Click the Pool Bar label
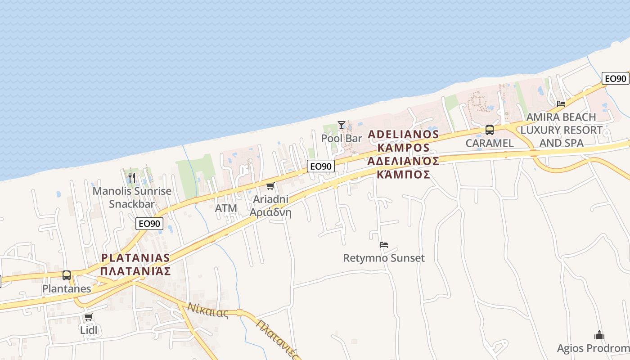[342, 138]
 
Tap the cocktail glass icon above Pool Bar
[342, 125]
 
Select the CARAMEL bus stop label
[489, 143]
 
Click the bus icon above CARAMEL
[489, 130]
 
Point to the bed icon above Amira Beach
[561, 103]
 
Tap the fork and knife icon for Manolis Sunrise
[131, 177]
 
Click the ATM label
[226, 208]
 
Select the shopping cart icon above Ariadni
[270, 186]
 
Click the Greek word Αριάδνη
[270, 212]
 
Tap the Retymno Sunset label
[384, 258]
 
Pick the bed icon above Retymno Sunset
[384, 245]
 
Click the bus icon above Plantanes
[67, 275]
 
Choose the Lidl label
[89, 330]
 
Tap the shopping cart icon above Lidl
[89, 317]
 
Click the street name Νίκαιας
[208, 310]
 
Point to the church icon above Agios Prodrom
[599, 335]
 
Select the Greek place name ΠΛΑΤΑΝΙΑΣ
[135, 271]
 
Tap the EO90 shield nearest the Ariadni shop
[321, 166]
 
